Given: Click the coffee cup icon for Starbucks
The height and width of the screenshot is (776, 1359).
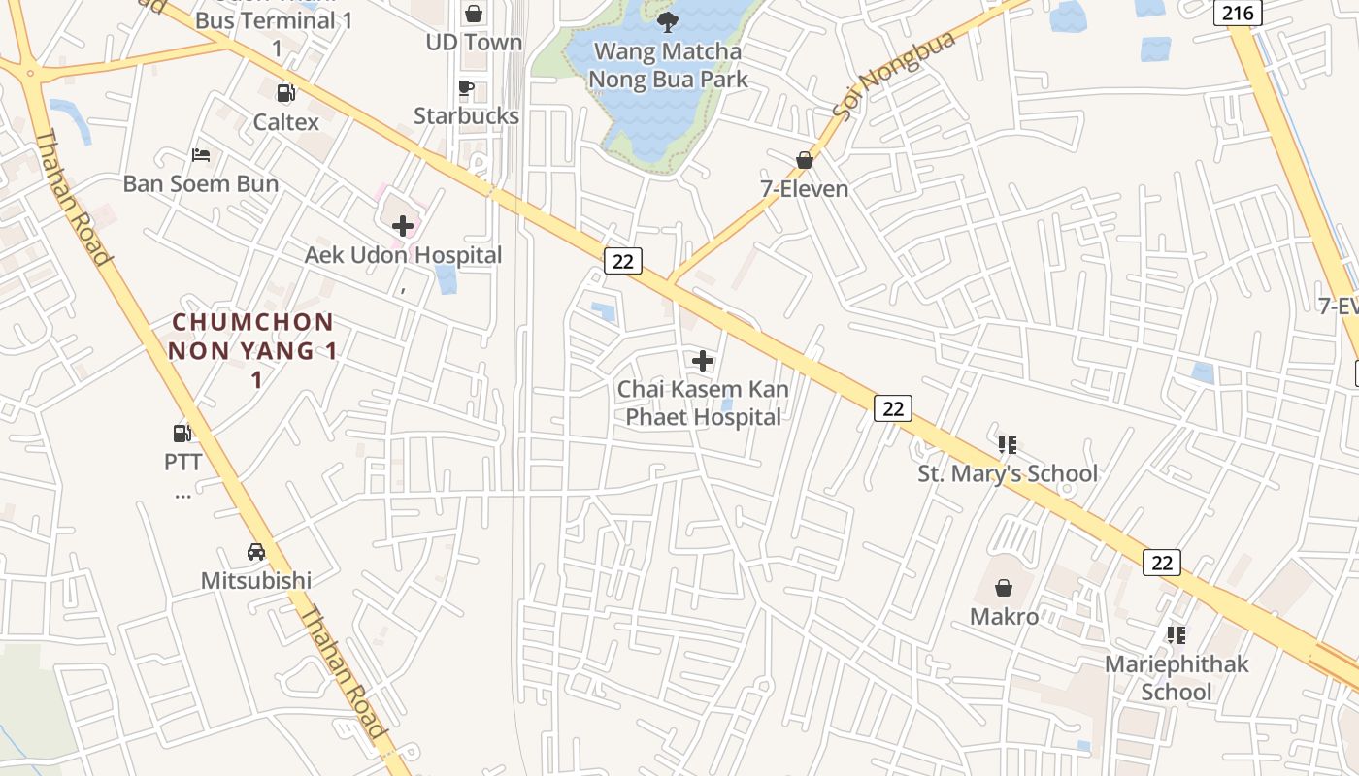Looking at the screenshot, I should tap(466, 88).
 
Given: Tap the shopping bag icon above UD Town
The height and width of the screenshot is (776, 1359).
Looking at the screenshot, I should tap(474, 14).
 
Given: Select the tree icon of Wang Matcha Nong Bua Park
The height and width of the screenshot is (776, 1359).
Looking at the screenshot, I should tap(667, 21).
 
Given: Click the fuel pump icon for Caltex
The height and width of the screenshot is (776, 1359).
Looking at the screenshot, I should tap(286, 93).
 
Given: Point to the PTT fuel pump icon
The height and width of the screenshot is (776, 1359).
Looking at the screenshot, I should tap(182, 433).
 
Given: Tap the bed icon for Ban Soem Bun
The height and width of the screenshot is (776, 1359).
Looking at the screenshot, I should tap(201, 155).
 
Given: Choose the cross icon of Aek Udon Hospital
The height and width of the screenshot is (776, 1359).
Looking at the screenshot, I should tap(403, 227).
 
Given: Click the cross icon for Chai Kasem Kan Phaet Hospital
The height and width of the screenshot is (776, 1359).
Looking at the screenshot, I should tap(702, 362).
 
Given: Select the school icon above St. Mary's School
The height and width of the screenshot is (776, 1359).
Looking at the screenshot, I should tap(1007, 445).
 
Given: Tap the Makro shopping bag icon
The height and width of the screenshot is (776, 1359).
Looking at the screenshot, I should tap(1004, 588).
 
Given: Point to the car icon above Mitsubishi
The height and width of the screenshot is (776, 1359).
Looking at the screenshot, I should tap(256, 552).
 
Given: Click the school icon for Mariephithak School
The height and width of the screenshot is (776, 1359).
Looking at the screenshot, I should tap(1176, 635).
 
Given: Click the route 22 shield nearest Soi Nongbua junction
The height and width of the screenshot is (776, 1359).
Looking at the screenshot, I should tap(623, 260).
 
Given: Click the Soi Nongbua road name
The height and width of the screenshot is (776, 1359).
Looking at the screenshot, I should tap(894, 75).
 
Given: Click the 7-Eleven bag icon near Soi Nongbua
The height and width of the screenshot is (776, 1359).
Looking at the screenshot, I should tap(805, 160).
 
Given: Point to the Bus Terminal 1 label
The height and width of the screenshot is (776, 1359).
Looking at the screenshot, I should tap(275, 20).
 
